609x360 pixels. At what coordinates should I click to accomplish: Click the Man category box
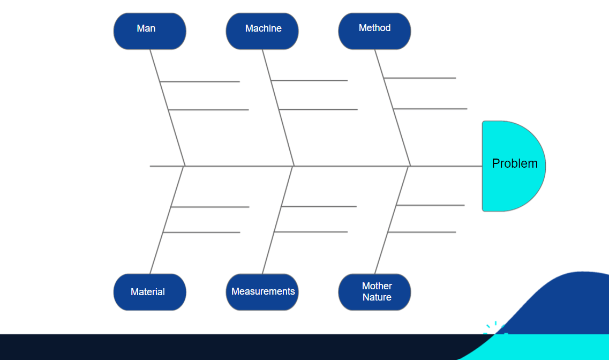point(149,31)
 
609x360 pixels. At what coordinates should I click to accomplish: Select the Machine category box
point(262,31)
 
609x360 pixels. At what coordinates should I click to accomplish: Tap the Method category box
point(374,31)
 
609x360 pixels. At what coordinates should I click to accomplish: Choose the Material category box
point(149,292)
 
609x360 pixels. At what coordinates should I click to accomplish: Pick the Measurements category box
point(262,292)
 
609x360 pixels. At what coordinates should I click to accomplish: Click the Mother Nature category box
point(374,292)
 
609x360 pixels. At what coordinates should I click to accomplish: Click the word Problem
point(515,163)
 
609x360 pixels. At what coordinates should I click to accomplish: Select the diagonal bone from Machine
point(284,131)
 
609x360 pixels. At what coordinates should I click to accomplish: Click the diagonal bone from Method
point(400,131)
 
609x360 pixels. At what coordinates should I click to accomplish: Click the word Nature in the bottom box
point(377,297)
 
